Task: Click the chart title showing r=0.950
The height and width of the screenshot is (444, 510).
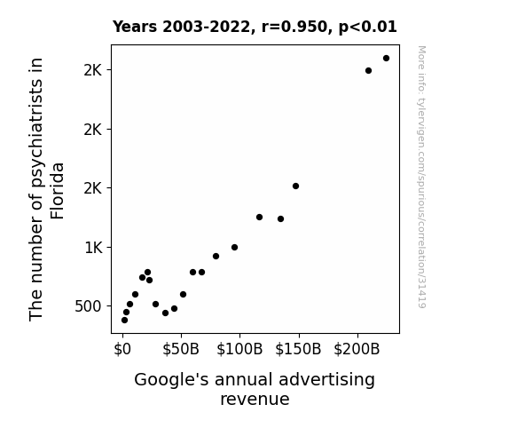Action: coord(255,27)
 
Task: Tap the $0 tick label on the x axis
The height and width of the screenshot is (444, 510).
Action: coord(122,350)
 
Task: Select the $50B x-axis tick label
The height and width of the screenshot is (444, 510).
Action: coord(181,350)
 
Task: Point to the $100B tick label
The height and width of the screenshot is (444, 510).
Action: coord(239,350)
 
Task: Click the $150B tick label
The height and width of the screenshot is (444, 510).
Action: coord(298,350)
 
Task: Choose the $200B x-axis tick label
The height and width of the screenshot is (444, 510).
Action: coord(357,350)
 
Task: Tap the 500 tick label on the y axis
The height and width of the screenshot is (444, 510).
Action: coord(89,306)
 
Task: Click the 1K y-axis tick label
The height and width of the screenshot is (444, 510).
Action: coord(94,248)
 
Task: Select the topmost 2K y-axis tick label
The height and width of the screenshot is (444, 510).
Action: coord(93,70)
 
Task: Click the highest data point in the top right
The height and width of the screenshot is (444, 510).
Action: coord(386,59)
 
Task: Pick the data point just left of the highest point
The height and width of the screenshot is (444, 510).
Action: coord(368,71)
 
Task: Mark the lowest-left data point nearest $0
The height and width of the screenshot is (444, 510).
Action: coord(124,321)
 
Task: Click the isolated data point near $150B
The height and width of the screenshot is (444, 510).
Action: coord(295,186)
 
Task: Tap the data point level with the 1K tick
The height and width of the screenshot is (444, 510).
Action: coord(234,247)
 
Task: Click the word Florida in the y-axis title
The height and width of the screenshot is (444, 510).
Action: coord(58,191)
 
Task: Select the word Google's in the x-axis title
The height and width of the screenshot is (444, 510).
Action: coord(171,380)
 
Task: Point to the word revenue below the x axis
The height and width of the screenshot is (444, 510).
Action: coord(255,400)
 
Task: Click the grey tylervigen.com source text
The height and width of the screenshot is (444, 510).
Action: coord(421,177)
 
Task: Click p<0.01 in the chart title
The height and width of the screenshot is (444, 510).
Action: coord(368,27)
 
